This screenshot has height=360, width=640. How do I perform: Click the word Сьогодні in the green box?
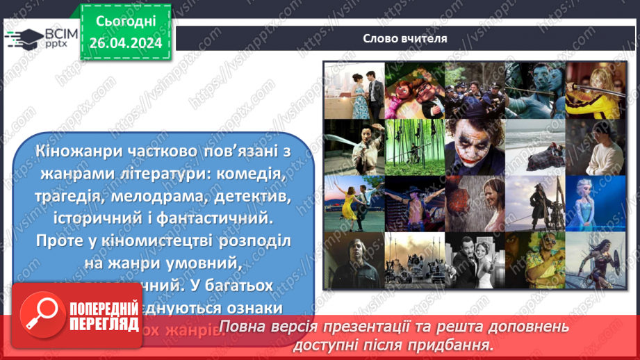coord(126,22)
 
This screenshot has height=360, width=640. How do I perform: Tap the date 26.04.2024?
coord(126,42)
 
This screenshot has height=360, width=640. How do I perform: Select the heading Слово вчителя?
coord(405,38)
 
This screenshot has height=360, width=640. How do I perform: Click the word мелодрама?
coord(165,197)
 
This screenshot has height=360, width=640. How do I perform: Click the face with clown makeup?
coord(474,145)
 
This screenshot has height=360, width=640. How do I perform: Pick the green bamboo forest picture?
coord(413,145)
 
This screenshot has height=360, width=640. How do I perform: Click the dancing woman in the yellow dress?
coord(353,202)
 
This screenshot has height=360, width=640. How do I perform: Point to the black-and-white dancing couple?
coord(474,259)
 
